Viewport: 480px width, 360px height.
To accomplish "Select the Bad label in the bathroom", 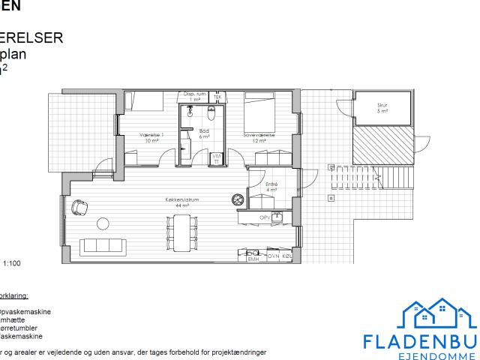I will click(x=203, y=133).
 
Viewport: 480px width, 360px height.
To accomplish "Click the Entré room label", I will click(x=271, y=186).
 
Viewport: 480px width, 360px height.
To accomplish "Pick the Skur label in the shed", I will click(x=382, y=108).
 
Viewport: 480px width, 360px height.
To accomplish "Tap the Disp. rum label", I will click(x=195, y=96).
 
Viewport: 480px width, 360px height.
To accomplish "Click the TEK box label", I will click(x=217, y=97).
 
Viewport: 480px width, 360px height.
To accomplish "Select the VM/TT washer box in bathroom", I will click(x=216, y=158).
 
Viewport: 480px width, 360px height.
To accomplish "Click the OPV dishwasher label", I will click(x=264, y=217).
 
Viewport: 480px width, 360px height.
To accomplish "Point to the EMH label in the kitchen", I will click(x=253, y=258).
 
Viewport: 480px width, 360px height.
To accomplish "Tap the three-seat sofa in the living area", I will click(x=101, y=245).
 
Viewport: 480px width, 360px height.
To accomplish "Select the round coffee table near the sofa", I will click(x=103, y=223).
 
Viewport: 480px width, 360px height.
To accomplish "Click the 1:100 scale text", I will click(x=13, y=264).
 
